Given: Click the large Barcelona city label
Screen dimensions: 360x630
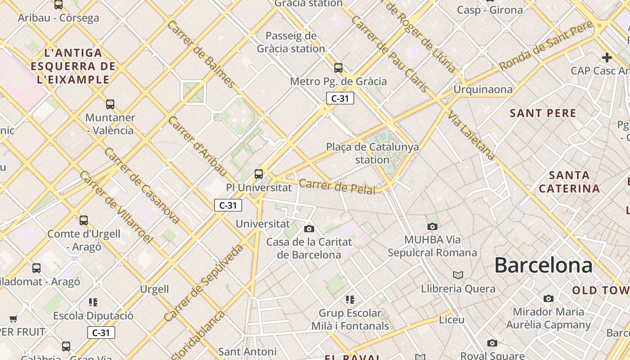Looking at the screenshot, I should tap(543, 265).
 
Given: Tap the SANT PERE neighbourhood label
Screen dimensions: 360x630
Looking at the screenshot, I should tap(543, 113).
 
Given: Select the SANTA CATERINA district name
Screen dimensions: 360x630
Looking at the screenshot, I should tap(569, 182).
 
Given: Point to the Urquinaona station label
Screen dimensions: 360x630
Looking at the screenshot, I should tap(482, 90).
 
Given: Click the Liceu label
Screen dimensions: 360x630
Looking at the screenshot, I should tap(451, 319).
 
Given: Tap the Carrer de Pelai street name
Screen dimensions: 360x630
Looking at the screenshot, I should tap(337, 186).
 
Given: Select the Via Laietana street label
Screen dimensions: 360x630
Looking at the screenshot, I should tap(471, 135).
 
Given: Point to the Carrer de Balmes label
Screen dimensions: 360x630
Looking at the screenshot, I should tap(201, 54).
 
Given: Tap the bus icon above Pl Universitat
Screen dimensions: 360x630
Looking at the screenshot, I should tap(258, 174).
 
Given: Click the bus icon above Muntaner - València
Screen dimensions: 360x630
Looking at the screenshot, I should tap(110, 104).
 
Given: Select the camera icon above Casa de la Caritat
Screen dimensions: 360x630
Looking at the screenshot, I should tap(309, 229).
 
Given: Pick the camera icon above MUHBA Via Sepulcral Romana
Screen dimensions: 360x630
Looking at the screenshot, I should tap(432, 226).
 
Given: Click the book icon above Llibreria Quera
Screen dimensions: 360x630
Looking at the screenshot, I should tap(458, 275).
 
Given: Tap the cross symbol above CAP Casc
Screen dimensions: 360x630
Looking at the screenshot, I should tap(607, 58).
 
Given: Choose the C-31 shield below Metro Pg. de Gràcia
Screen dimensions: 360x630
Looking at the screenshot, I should tap(340, 98).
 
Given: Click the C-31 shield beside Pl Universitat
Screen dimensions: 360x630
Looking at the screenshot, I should tap(228, 205).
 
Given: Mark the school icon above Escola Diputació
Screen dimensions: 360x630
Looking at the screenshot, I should tap(93, 302).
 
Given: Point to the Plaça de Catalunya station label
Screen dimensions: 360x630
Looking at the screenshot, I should tap(372, 153).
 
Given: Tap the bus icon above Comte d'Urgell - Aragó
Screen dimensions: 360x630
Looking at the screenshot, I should tap(84, 220).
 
